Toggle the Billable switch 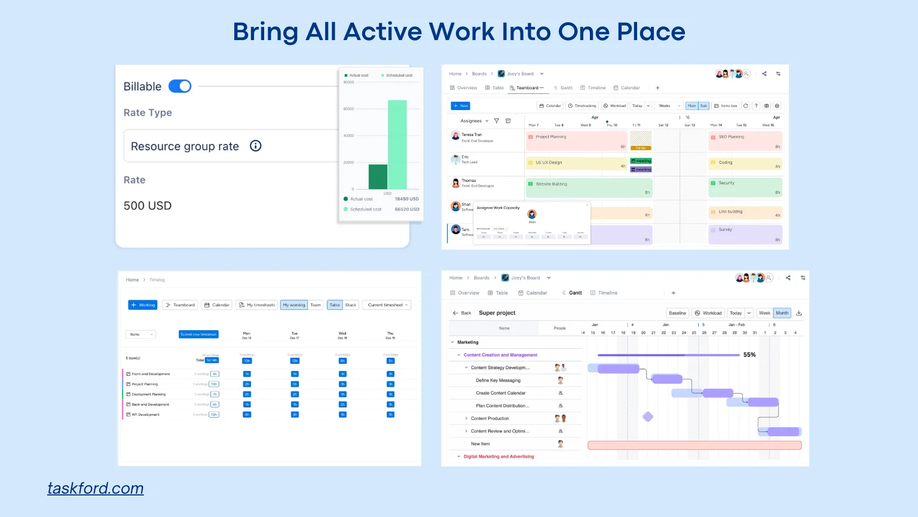tap(180, 86)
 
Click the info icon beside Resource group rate tap(255, 146)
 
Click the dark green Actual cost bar tap(378, 177)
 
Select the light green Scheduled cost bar tap(397, 144)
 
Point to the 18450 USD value tap(406, 199)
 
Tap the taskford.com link tap(96, 488)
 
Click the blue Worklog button tap(143, 305)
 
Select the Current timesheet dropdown tap(388, 305)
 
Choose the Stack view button tap(351, 305)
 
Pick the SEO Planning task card tap(745, 141)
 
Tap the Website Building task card tap(588, 188)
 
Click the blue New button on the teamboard tap(461, 106)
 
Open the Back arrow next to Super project tap(456, 313)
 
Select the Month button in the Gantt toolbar tap(782, 313)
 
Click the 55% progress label tap(749, 355)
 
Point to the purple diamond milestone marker tap(648, 416)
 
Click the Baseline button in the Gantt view tap(677, 313)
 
